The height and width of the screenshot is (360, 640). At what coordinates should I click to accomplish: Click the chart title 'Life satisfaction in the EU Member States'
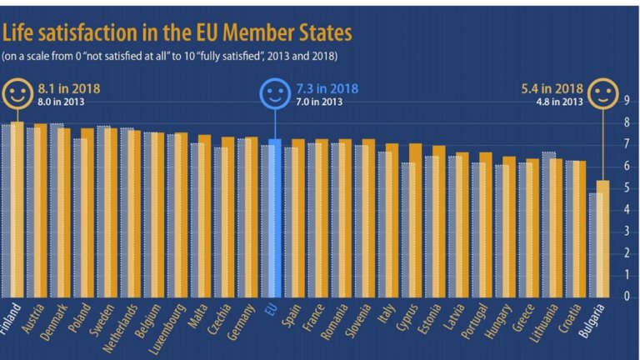pos(177,33)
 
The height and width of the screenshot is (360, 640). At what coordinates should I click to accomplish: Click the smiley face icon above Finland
pos(17,93)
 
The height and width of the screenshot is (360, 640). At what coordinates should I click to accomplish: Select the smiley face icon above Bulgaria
pos(602,94)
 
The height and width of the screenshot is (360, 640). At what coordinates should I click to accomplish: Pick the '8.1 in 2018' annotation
pos(69,87)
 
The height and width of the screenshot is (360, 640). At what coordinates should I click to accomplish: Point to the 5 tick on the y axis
pos(627,188)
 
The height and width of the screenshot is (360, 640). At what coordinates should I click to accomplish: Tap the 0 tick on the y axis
pos(627,296)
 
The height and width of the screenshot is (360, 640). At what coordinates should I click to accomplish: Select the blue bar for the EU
pos(274,218)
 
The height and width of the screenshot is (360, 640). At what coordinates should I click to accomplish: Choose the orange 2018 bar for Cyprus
pos(415,221)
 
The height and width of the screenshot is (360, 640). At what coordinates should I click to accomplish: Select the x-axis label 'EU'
pos(272,309)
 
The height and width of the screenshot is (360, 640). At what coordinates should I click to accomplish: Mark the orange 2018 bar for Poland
pos(87,212)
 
